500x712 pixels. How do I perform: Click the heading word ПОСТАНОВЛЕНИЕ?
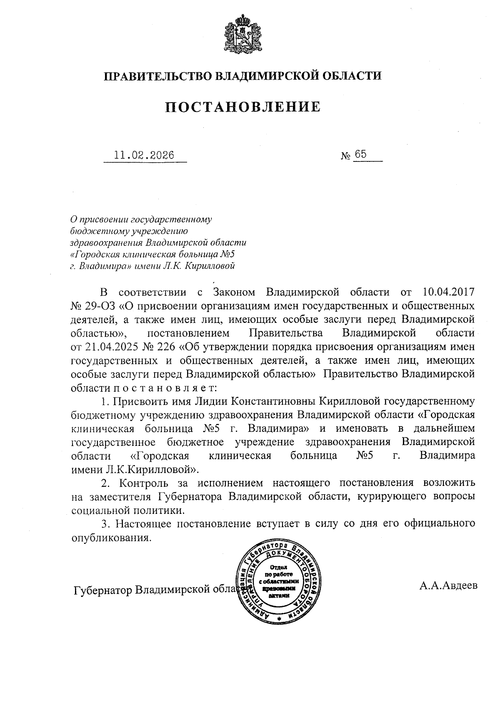click(243, 107)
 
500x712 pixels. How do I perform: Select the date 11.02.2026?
click(144, 155)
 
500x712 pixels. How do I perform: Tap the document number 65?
click(361, 155)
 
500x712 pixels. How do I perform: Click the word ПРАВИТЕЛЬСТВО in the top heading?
click(158, 76)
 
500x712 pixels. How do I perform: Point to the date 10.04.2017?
click(448, 292)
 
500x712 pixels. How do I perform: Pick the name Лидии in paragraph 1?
click(207, 401)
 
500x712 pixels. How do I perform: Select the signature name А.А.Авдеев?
click(448, 586)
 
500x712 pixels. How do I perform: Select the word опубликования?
click(110, 538)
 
